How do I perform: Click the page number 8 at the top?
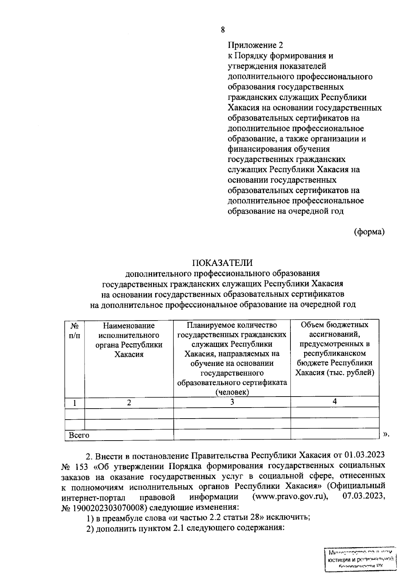tap(223, 30)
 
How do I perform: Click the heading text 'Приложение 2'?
tap(256, 45)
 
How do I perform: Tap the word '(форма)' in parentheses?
tap(369, 232)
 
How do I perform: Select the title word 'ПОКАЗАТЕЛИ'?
tap(222, 263)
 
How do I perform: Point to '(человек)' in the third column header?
tap(232, 392)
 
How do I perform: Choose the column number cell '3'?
tap(232, 402)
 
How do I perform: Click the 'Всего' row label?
tap(79, 435)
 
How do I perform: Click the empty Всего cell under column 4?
tap(335, 434)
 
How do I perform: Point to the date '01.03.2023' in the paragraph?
tap(364, 455)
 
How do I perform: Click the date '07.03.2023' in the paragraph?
tap(364, 497)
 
